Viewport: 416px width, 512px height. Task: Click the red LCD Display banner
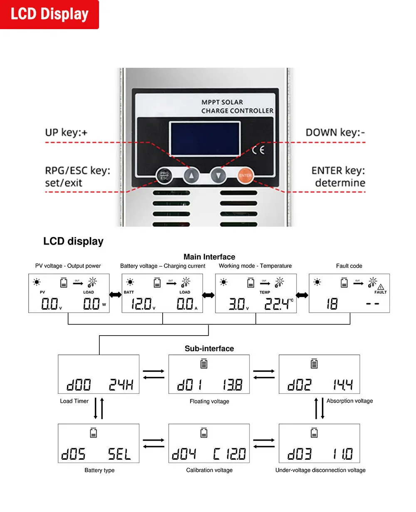(x=49, y=15)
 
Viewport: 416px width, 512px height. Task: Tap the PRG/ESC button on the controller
(x=164, y=176)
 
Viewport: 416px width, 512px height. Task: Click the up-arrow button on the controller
(x=191, y=176)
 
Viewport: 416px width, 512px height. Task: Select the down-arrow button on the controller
(x=218, y=176)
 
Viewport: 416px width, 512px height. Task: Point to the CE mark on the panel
(x=258, y=149)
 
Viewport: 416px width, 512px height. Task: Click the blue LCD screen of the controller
(x=204, y=139)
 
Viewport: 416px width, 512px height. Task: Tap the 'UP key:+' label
(x=67, y=133)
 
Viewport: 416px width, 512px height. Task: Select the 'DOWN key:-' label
(x=335, y=133)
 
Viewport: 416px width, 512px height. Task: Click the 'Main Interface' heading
(x=209, y=257)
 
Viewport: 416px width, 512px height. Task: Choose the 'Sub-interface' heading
(x=209, y=349)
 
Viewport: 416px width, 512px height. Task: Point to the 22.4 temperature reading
(x=277, y=304)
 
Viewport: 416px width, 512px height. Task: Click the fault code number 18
(x=332, y=304)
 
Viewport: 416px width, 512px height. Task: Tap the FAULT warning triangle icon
(x=381, y=287)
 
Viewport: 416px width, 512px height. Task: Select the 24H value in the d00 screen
(x=121, y=385)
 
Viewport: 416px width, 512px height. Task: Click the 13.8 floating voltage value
(x=232, y=385)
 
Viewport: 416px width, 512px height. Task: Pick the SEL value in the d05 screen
(x=119, y=454)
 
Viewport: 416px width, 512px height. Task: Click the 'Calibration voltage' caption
(x=209, y=470)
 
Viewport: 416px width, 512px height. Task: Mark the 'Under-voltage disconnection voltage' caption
(x=320, y=470)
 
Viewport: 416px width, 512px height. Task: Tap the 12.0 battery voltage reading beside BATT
(x=141, y=304)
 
